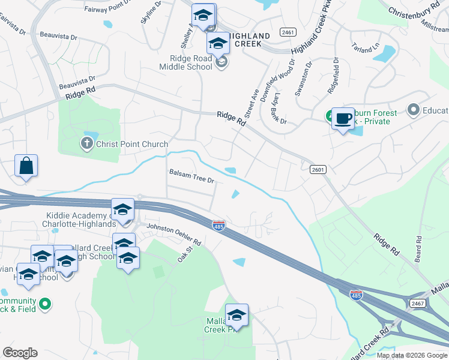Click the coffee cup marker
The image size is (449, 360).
click(343, 118)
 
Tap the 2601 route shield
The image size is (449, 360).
click(318, 170)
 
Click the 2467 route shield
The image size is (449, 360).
click(418, 304)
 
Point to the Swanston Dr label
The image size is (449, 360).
click(303, 78)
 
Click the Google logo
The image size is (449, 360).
click(20, 353)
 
